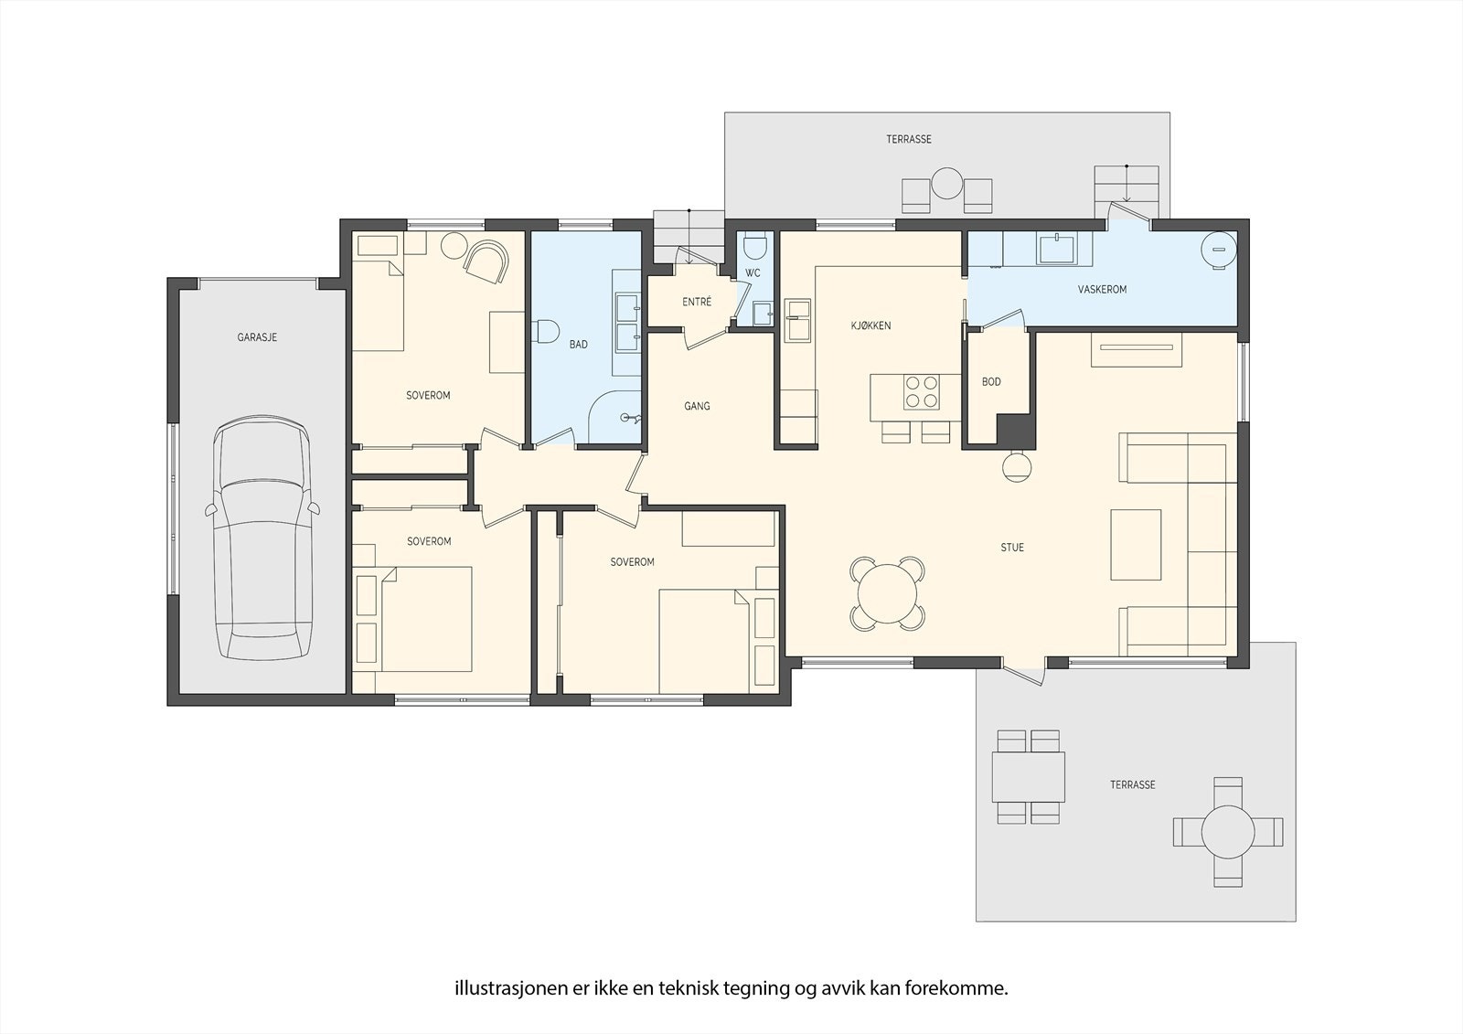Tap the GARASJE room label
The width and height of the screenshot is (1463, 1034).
pos(257,337)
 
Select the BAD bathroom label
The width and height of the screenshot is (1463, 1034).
pos(578,345)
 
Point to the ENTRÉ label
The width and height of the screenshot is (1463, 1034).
pos(696,302)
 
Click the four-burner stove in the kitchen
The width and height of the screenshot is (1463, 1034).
pos(922,392)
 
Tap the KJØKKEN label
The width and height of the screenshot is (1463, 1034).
pos(870,325)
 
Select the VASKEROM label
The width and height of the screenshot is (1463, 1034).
pos(1102,289)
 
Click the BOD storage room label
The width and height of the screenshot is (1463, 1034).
pos(991,381)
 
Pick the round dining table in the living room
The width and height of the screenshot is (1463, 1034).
pos(888,593)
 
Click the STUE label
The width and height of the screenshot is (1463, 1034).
pos(1011,548)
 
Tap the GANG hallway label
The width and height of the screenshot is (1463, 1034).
pos(697,406)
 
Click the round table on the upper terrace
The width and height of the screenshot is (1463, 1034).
pos(946,184)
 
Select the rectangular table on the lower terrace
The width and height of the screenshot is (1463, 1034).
pos(1028,777)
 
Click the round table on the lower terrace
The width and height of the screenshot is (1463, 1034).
pos(1228,832)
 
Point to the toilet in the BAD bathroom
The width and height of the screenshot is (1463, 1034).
pos(546,332)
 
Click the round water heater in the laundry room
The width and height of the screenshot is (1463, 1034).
pos(1219,249)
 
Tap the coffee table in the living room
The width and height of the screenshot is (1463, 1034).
pos(1136,545)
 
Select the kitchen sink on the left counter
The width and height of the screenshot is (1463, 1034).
pos(797,320)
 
